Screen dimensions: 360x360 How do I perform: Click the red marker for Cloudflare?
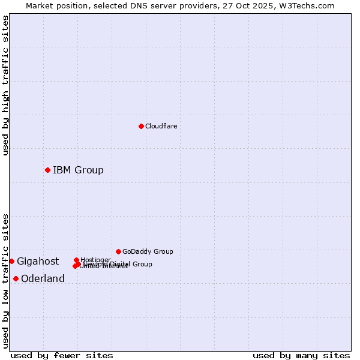[x=141, y=126]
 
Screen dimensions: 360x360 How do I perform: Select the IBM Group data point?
[x=47, y=170]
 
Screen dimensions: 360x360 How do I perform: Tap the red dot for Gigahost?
[x=11, y=261]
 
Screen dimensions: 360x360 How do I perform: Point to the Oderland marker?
[x=16, y=278]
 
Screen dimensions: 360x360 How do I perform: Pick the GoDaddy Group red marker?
[x=118, y=251]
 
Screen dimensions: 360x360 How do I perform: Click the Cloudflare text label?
[x=161, y=126]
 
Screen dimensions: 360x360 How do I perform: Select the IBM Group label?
[x=78, y=170]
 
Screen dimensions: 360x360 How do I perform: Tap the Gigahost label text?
[x=38, y=261]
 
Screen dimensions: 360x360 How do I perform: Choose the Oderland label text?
[x=43, y=278]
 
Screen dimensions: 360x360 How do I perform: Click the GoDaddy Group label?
[x=148, y=251]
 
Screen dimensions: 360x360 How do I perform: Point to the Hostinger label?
[x=95, y=259]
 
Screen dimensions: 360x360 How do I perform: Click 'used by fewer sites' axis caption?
[x=62, y=355]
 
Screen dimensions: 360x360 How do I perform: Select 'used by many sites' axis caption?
[x=301, y=355]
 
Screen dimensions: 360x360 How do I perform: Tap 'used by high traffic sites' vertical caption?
[x=5, y=85]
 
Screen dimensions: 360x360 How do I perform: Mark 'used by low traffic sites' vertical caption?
[x=5, y=281]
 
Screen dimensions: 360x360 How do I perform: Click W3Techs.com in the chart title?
[x=309, y=5]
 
